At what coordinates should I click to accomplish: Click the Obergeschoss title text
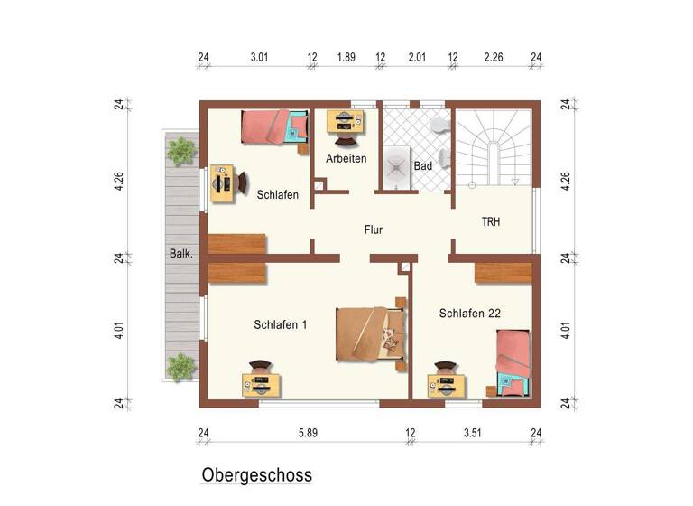point(256,475)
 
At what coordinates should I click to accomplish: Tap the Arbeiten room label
point(346,159)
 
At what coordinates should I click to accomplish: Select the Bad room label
point(422,166)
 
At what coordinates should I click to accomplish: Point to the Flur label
point(373,230)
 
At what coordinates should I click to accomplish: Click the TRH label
point(491,221)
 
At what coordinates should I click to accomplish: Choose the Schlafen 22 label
point(469,314)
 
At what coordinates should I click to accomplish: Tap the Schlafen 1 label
point(281,324)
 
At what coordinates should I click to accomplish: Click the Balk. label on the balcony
point(180,254)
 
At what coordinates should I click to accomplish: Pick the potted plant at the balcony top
point(181,150)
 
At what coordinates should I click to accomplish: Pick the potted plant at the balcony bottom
point(181,366)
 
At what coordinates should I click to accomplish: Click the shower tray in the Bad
point(396,165)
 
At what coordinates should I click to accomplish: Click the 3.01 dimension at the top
point(259,57)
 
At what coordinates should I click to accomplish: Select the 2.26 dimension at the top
point(493,57)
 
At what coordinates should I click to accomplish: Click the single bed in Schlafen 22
point(512,361)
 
